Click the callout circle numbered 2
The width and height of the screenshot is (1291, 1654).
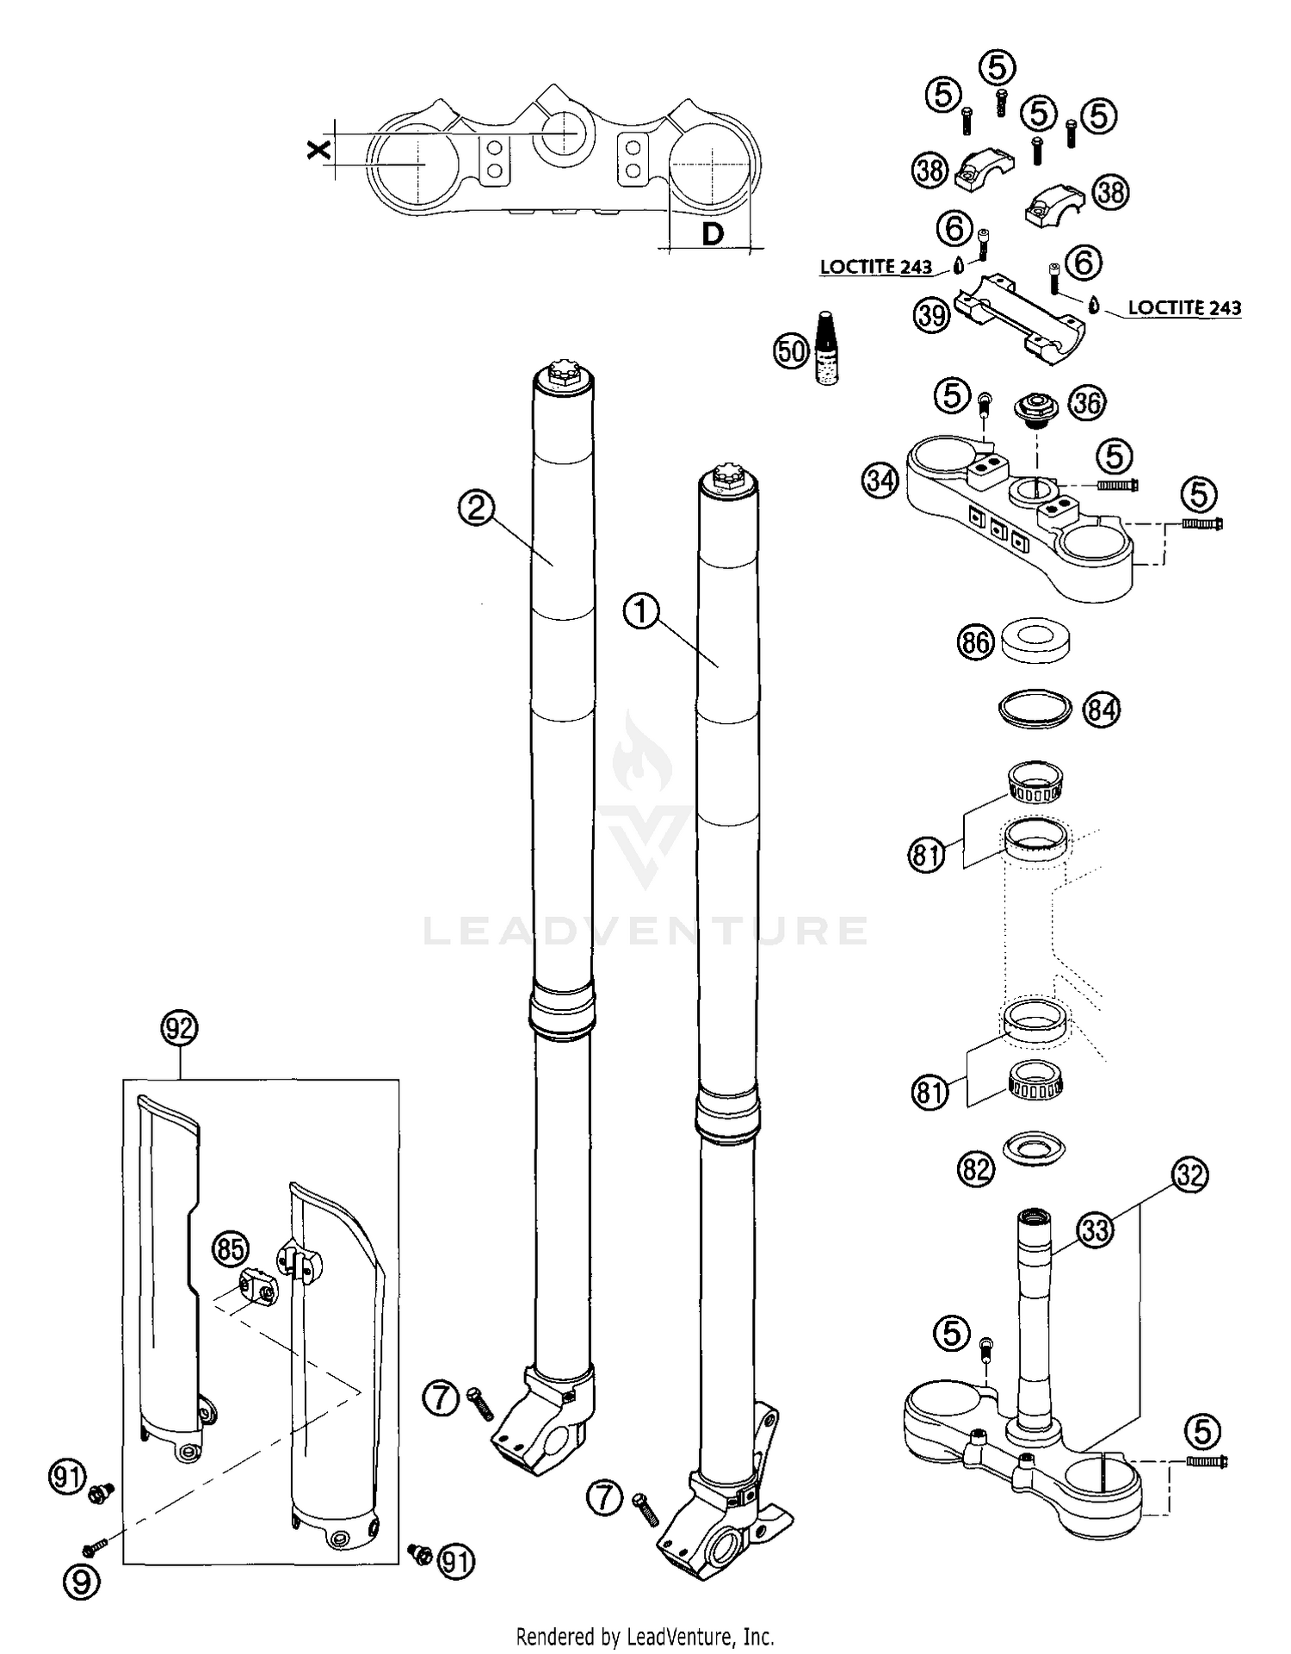point(476,509)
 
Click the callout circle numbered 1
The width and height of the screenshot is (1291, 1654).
point(640,613)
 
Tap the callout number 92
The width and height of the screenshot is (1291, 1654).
point(179,1028)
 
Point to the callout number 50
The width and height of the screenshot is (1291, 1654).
point(791,350)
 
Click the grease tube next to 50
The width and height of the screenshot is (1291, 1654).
point(826,349)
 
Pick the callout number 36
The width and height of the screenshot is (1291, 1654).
point(1087,402)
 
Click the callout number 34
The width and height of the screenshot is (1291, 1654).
point(880,480)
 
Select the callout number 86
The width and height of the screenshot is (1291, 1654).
point(975,642)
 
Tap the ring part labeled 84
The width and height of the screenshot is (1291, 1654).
point(1036,709)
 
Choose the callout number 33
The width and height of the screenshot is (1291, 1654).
point(1096,1230)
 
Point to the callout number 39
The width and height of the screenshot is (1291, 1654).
point(931,315)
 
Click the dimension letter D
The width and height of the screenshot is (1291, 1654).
point(713,233)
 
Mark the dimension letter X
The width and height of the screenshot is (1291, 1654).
point(318,151)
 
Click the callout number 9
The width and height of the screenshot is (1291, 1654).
point(81,1581)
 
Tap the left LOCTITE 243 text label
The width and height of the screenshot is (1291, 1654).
point(875,267)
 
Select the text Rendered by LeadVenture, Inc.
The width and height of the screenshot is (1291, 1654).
point(645,1635)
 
